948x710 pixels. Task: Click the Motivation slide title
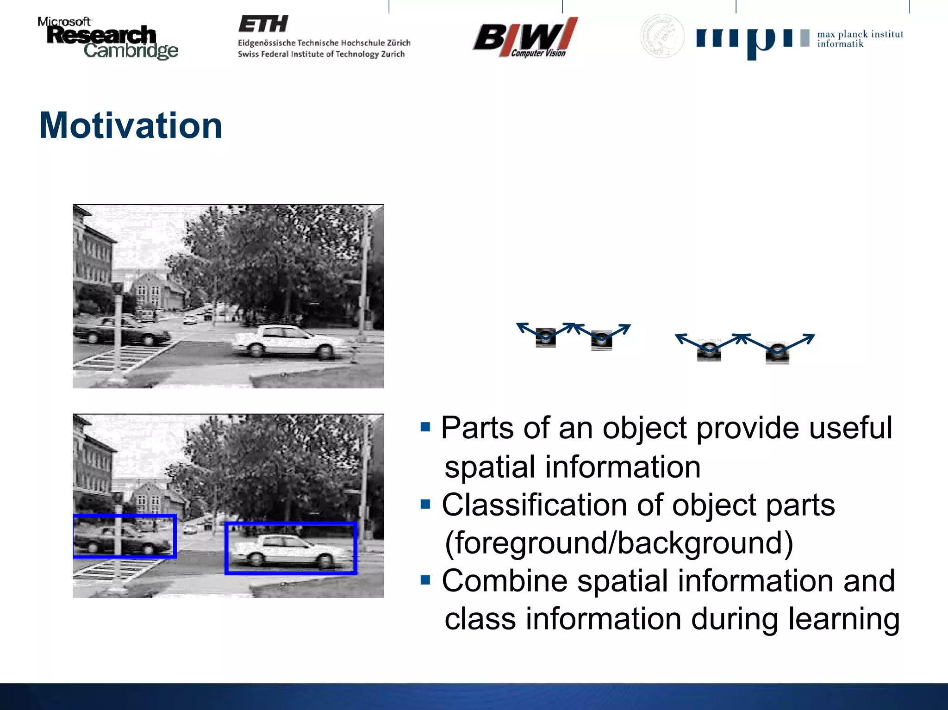coord(131,126)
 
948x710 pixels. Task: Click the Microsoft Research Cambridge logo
coord(107,39)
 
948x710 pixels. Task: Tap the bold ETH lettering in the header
coord(263,24)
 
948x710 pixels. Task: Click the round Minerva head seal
coord(662,36)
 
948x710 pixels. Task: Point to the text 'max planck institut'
coord(860,34)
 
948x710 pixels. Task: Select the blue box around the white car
coord(291,524)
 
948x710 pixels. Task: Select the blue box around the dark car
coord(125,516)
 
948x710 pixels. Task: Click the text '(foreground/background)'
coord(619,543)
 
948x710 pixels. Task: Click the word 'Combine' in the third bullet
coord(505,581)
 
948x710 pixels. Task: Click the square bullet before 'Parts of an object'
coord(425,427)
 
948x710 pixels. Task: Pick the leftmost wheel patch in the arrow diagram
coord(546,337)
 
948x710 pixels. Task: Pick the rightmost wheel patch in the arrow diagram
coord(777,354)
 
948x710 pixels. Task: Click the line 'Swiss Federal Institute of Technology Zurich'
coord(321,54)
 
